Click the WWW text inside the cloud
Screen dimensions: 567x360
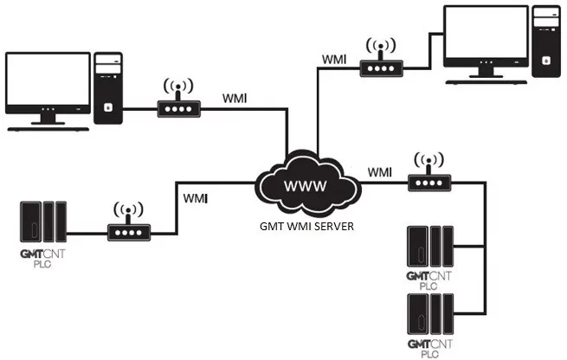tap(306, 186)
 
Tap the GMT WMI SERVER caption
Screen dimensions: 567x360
tap(306, 226)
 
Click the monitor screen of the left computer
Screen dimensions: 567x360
tap(48, 79)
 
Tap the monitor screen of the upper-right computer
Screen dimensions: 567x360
tap(486, 32)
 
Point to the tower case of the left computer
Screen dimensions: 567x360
tap(107, 88)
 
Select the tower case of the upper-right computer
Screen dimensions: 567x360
tap(545, 42)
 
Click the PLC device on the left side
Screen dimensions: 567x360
tap(43, 222)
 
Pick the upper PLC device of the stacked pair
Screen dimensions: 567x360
tap(430, 246)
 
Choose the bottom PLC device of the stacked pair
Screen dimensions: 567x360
tap(430, 314)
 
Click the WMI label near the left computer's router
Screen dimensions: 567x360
tap(235, 99)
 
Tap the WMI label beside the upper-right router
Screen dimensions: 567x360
tap(334, 59)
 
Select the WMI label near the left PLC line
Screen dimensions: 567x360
tap(196, 198)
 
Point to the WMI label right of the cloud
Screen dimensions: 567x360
tap(380, 172)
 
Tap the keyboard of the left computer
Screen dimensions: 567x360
tap(48, 129)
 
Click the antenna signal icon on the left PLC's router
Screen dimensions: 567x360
tap(128, 209)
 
